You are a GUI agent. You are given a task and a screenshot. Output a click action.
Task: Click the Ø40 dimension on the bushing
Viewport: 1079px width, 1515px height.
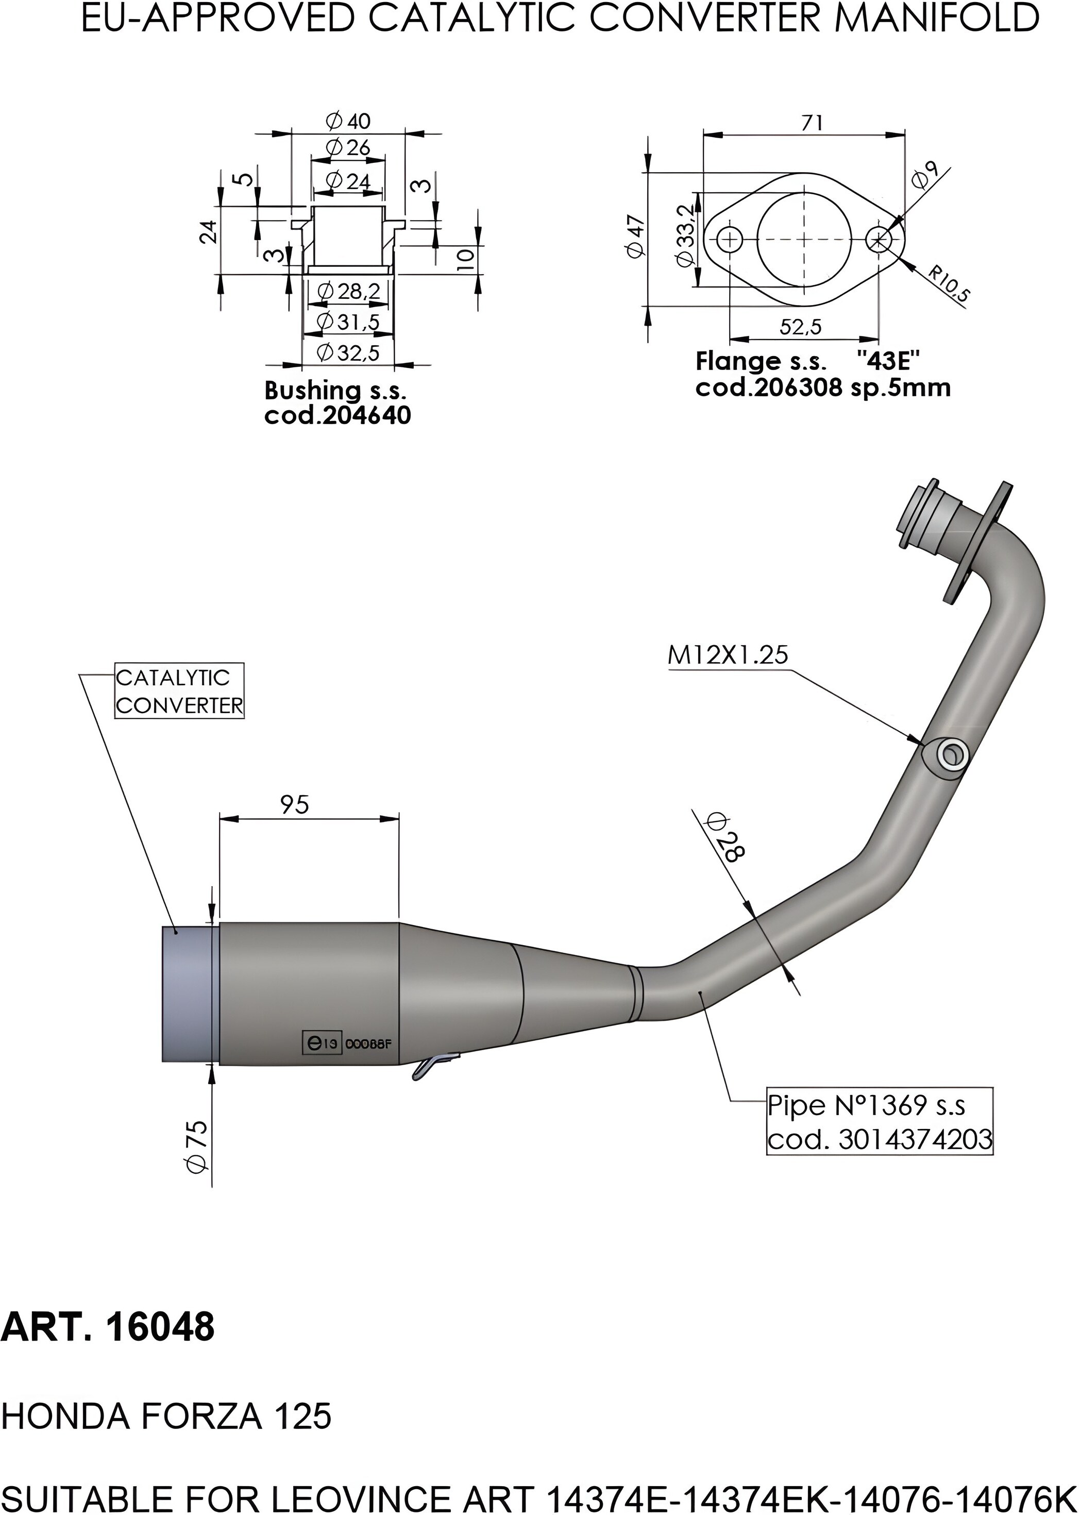click(x=348, y=121)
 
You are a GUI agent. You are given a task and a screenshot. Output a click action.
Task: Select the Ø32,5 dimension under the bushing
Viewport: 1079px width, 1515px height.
click(x=348, y=353)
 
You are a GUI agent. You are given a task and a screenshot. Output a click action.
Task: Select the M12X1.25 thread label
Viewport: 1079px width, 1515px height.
click(x=727, y=655)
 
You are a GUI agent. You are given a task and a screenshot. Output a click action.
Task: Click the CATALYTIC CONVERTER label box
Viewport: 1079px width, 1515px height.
click(x=179, y=691)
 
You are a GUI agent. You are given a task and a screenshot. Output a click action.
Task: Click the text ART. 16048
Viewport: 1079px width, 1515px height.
click(x=108, y=1327)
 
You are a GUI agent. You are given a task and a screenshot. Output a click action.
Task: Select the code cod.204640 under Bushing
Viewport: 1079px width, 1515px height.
click(x=338, y=415)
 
